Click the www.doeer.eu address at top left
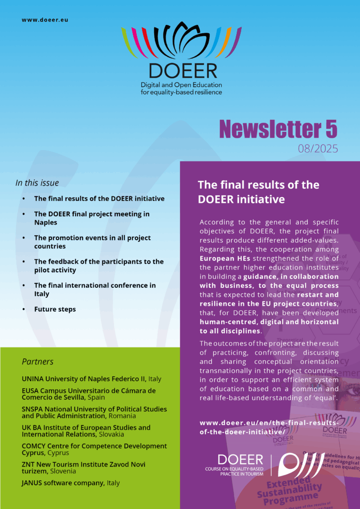point(45,20)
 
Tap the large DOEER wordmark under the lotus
point(182,70)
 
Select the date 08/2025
point(318,148)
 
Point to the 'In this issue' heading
point(37,183)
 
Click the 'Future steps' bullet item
point(55,309)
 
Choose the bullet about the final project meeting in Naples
point(91,218)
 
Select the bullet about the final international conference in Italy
point(94,289)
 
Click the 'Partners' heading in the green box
point(37,361)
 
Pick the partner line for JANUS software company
point(71,483)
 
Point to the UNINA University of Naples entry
point(91,379)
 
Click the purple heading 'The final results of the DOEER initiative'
point(259,192)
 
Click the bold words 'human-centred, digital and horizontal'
point(269,322)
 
